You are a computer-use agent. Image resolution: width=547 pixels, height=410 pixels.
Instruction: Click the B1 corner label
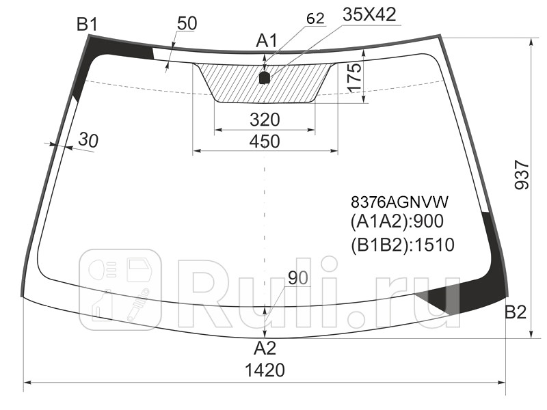(87, 25)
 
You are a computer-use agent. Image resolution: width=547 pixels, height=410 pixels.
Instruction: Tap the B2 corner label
(516, 313)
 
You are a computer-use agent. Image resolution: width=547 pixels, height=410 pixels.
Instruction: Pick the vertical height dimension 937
(521, 176)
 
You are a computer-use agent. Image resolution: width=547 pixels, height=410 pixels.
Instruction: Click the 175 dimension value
(353, 77)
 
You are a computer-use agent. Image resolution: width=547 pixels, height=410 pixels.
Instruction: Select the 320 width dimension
(265, 120)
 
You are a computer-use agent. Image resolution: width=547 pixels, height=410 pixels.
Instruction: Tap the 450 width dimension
(265, 141)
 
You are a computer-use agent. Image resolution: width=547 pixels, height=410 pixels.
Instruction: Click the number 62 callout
(315, 19)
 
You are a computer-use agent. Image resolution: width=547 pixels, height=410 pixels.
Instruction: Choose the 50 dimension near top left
(186, 23)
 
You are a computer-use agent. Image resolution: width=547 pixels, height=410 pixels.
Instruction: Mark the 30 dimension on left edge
(88, 140)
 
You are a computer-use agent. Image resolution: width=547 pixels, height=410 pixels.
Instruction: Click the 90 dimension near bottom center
(297, 278)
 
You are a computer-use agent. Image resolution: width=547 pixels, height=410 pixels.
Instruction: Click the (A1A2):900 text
(397, 222)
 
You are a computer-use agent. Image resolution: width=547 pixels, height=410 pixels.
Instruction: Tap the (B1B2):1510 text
(402, 244)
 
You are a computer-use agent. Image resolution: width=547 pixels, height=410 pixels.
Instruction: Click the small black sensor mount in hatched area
(265, 77)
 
